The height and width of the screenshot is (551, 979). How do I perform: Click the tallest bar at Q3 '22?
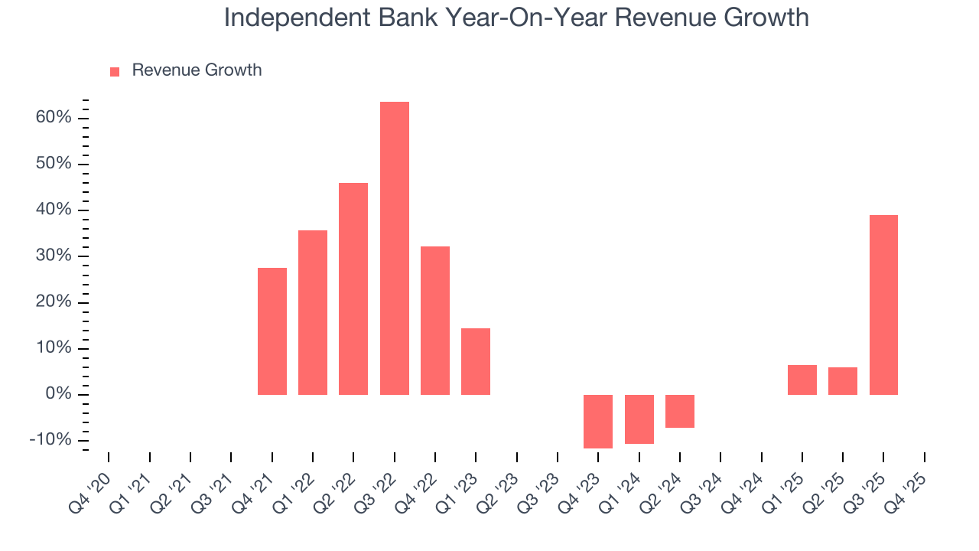click(395, 248)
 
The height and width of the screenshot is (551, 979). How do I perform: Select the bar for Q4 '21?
click(272, 331)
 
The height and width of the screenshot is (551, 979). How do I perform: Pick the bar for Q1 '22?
click(313, 312)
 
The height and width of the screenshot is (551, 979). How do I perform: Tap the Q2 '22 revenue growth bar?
click(353, 289)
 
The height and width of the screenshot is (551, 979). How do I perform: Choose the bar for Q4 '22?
click(435, 320)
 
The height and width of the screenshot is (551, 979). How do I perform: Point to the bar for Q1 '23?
click(476, 361)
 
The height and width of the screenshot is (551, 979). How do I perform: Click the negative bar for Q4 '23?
click(598, 421)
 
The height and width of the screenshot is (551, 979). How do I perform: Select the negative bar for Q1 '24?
click(639, 419)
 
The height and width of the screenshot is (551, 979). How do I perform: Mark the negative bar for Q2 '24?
click(680, 411)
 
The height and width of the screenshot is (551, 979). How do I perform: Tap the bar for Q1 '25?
click(802, 380)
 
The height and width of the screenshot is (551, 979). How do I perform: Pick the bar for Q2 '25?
click(843, 381)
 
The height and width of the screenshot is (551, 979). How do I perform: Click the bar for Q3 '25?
click(883, 305)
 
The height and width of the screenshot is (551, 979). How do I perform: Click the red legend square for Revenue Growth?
click(115, 72)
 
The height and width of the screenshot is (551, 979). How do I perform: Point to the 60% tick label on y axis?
click(53, 118)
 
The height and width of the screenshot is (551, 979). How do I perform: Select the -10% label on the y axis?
click(50, 441)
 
